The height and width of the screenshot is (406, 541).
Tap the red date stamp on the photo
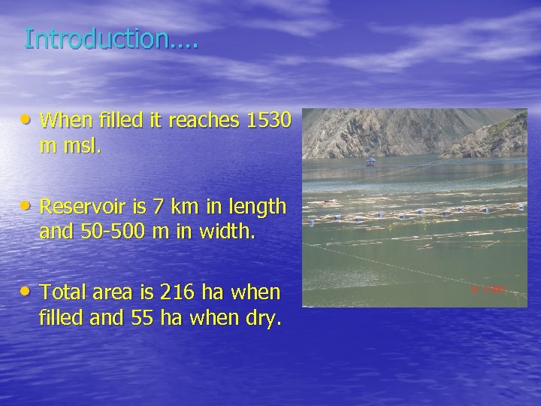pos(488,289)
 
